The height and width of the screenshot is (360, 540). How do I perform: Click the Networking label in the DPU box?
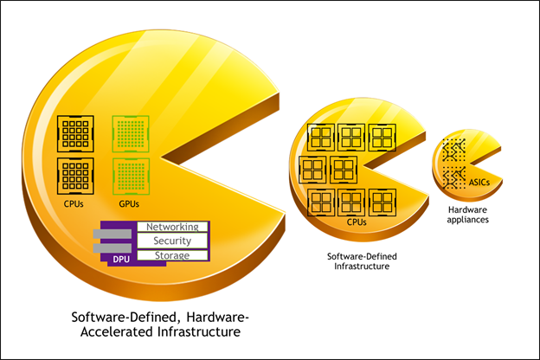pyautogui.click(x=173, y=227)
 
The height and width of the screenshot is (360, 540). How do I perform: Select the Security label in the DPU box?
pyautogui.click(x=172, y=241)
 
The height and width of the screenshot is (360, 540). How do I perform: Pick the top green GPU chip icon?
pyautogui.click(x=131, y=133)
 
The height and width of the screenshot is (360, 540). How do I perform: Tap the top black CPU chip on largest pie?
pyautogui.click(x=74, y=133)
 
